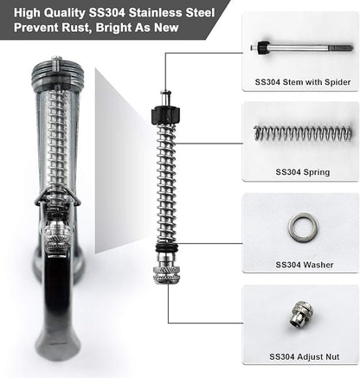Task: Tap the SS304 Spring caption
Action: point(299,172)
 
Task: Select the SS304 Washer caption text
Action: point(299,264)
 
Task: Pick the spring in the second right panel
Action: point(302,133)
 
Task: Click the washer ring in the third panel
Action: point(302,227)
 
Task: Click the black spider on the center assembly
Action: point(164,116)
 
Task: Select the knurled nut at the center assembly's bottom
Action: point(165,274)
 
